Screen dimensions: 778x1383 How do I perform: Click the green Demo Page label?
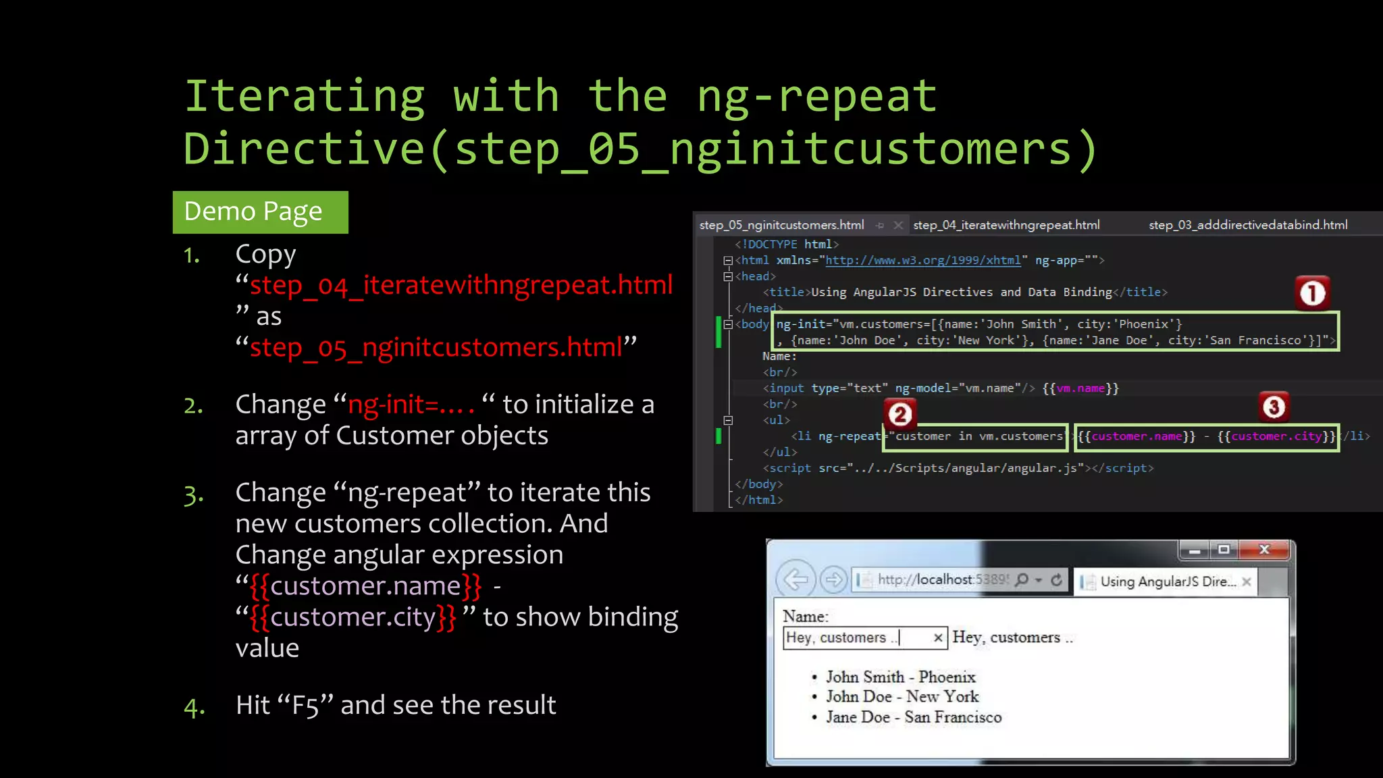click(260, 212)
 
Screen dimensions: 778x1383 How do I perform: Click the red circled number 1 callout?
click(1312, 294)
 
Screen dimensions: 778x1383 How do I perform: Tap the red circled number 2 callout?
click(899, 414)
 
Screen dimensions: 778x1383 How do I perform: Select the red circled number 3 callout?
click(1274, 407)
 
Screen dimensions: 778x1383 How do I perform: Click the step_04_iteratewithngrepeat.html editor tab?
click(1006, 225)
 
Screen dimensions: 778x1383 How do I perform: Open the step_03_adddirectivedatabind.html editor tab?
click(1248, 225)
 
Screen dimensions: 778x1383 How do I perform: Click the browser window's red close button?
click(1265, 550)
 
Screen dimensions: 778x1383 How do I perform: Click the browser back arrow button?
click(796, 579)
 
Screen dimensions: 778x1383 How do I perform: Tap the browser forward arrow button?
click(834, 579)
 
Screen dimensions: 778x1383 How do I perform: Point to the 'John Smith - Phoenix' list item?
click(900, 677)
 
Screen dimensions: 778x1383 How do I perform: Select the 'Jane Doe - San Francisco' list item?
click(913, 717)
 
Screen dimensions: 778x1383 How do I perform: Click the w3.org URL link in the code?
click(923, 260)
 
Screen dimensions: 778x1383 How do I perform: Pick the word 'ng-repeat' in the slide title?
click(817, 97)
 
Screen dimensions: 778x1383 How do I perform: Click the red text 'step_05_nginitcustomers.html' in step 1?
click(436, 347)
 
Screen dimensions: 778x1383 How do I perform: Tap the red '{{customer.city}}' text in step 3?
click(353, 617)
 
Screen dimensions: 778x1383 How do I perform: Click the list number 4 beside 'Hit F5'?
click(194, 707)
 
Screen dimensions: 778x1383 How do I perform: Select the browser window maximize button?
click(1224, 550)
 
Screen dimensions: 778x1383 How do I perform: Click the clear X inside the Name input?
click(938, 638)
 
